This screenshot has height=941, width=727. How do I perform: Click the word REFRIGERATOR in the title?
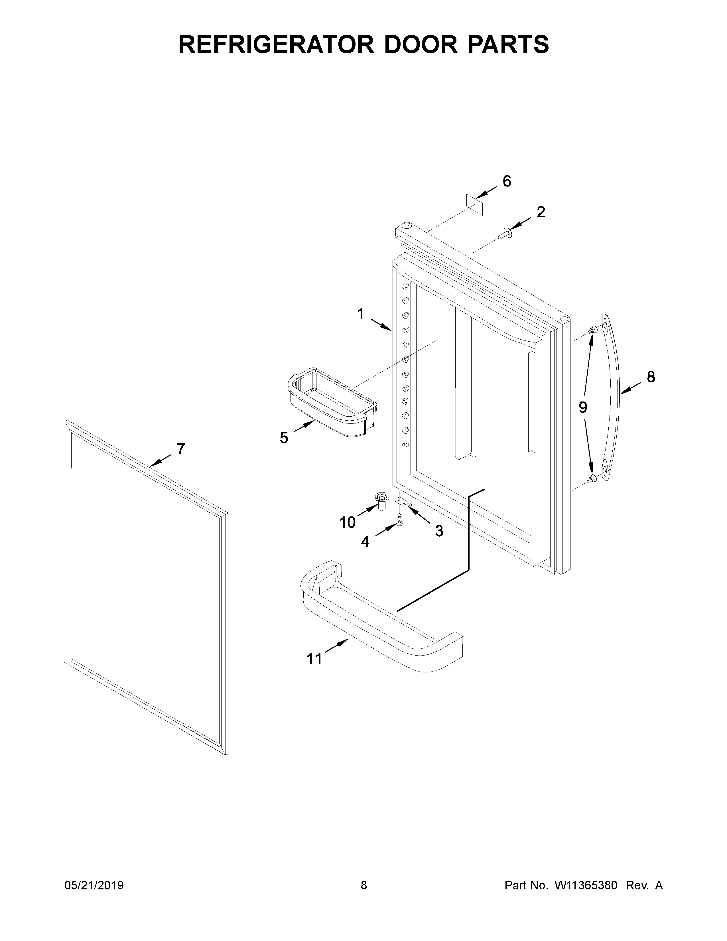pos(276,44)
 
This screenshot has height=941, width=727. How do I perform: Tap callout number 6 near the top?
pos(507,181)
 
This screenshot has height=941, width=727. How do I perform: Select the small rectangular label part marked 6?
pos(475,204)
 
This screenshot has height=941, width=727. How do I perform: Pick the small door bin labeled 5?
pos(332,402)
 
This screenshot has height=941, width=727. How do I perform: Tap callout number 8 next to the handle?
pos(651,377)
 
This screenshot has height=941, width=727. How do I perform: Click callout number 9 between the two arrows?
pos(583,407)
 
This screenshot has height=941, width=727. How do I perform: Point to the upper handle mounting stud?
pos(593,330)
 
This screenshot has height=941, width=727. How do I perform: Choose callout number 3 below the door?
pos(439,531)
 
